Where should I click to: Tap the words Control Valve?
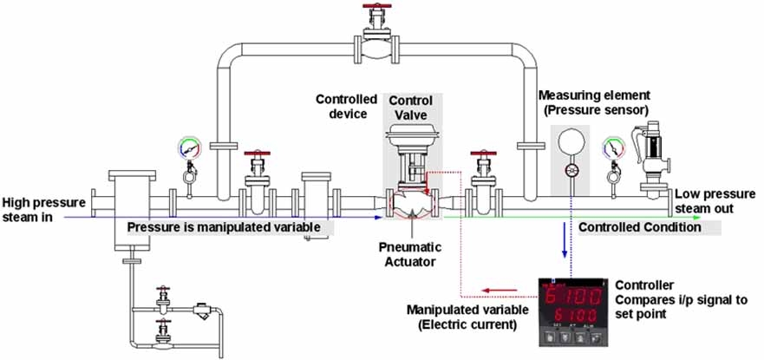point(410,108)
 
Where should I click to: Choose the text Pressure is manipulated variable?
point(230,227)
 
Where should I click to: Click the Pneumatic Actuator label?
point(408,254)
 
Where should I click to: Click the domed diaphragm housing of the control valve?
point(411,139)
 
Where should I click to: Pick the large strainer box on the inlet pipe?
point(132,206)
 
